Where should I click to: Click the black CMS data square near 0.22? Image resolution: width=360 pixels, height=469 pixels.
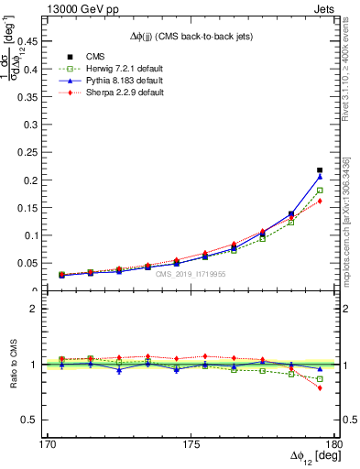tap(320, 169)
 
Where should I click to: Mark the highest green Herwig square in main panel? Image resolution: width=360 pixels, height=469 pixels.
tap(320, 191)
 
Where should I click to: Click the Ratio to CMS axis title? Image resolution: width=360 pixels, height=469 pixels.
tap(15, 365)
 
